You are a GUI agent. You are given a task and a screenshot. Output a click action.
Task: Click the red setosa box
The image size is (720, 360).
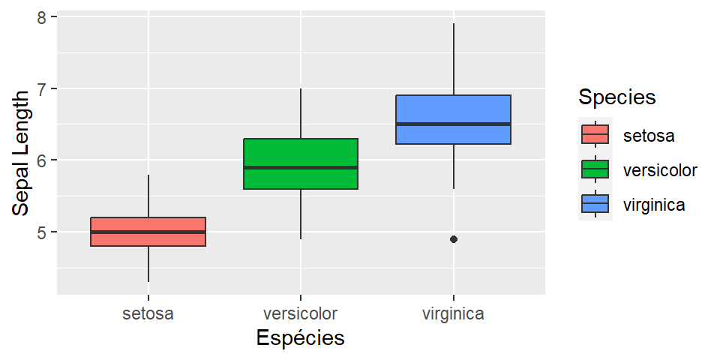pyautogui.click(x=148, y=224)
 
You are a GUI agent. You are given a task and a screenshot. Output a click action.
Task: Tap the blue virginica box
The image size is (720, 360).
pyautogui.click(x=453, y=110)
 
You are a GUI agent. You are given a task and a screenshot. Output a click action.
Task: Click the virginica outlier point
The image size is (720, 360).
pyautogui.click(x=454, y=239)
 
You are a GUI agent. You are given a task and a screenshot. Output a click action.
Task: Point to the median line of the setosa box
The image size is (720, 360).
pyautogui.click(x=148, y=232)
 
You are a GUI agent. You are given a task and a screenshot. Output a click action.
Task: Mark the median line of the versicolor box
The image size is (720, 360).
pyautogui.click(x=301, y=167)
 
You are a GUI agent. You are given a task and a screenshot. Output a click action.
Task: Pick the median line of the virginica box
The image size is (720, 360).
pyautogui.click(x=453, y=124)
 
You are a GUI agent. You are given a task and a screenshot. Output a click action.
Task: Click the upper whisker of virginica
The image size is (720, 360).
pyautogui.click(x=454, y=59)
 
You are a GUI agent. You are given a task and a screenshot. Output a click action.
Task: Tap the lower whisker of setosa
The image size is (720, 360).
pyautogui.click(x=148, y=264)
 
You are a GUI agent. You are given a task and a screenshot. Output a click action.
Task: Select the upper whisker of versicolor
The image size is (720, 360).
pyautogui.click(x=301, y=113)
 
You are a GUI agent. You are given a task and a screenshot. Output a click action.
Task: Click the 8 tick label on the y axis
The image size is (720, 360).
pyautogui.click(x=42, y=17)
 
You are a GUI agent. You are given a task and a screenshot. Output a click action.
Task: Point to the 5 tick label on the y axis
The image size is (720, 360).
pyautogui.click(x=42, y=232)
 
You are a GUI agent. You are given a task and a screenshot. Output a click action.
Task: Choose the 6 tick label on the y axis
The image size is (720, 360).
pyautogui.click(x=42, y=160)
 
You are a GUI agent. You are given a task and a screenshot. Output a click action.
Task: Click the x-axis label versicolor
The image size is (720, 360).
pyautogui.click(x=300, y=314)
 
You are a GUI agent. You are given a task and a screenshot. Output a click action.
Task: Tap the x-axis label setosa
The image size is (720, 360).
pyautogui.click(x=148, y=314)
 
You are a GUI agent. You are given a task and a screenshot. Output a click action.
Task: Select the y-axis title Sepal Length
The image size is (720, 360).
pyautogui.click(x=21, y=154)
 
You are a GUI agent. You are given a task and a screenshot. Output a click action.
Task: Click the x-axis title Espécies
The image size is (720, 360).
pyautogui.click(x=300, y=338)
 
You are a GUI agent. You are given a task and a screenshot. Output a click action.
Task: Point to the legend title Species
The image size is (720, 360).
pyautogui.click(x=617, y=97)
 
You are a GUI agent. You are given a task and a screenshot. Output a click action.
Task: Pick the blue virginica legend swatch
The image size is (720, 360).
pyautogui.click(x=595, y=203)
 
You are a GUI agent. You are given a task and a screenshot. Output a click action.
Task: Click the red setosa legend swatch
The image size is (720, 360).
pyautogui.click(x=595, y=134)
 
